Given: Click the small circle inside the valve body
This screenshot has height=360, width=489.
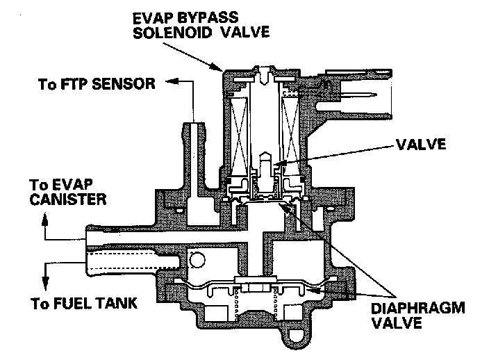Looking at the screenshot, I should tap(196, 261).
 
